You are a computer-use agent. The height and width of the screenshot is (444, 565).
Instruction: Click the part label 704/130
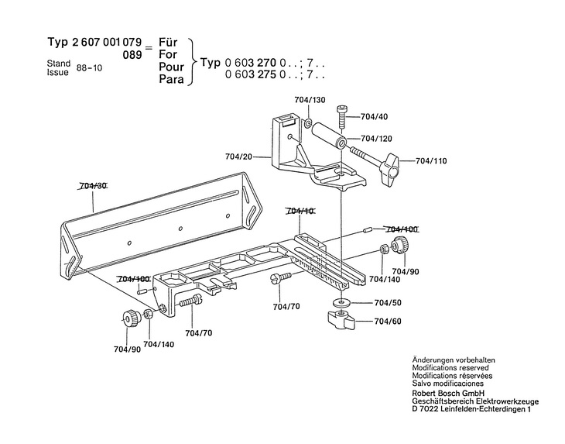tap(310, 101)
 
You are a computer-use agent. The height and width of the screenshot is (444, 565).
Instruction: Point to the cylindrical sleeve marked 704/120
tap(339, 145)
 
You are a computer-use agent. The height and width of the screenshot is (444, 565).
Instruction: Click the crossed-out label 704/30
tap(93, 186)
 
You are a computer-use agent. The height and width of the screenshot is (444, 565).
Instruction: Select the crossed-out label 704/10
tap(300, 211)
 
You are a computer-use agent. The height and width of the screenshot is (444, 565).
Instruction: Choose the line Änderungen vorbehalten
tap(454, 362)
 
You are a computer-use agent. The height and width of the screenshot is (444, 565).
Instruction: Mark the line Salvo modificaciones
tap(448, 384)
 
